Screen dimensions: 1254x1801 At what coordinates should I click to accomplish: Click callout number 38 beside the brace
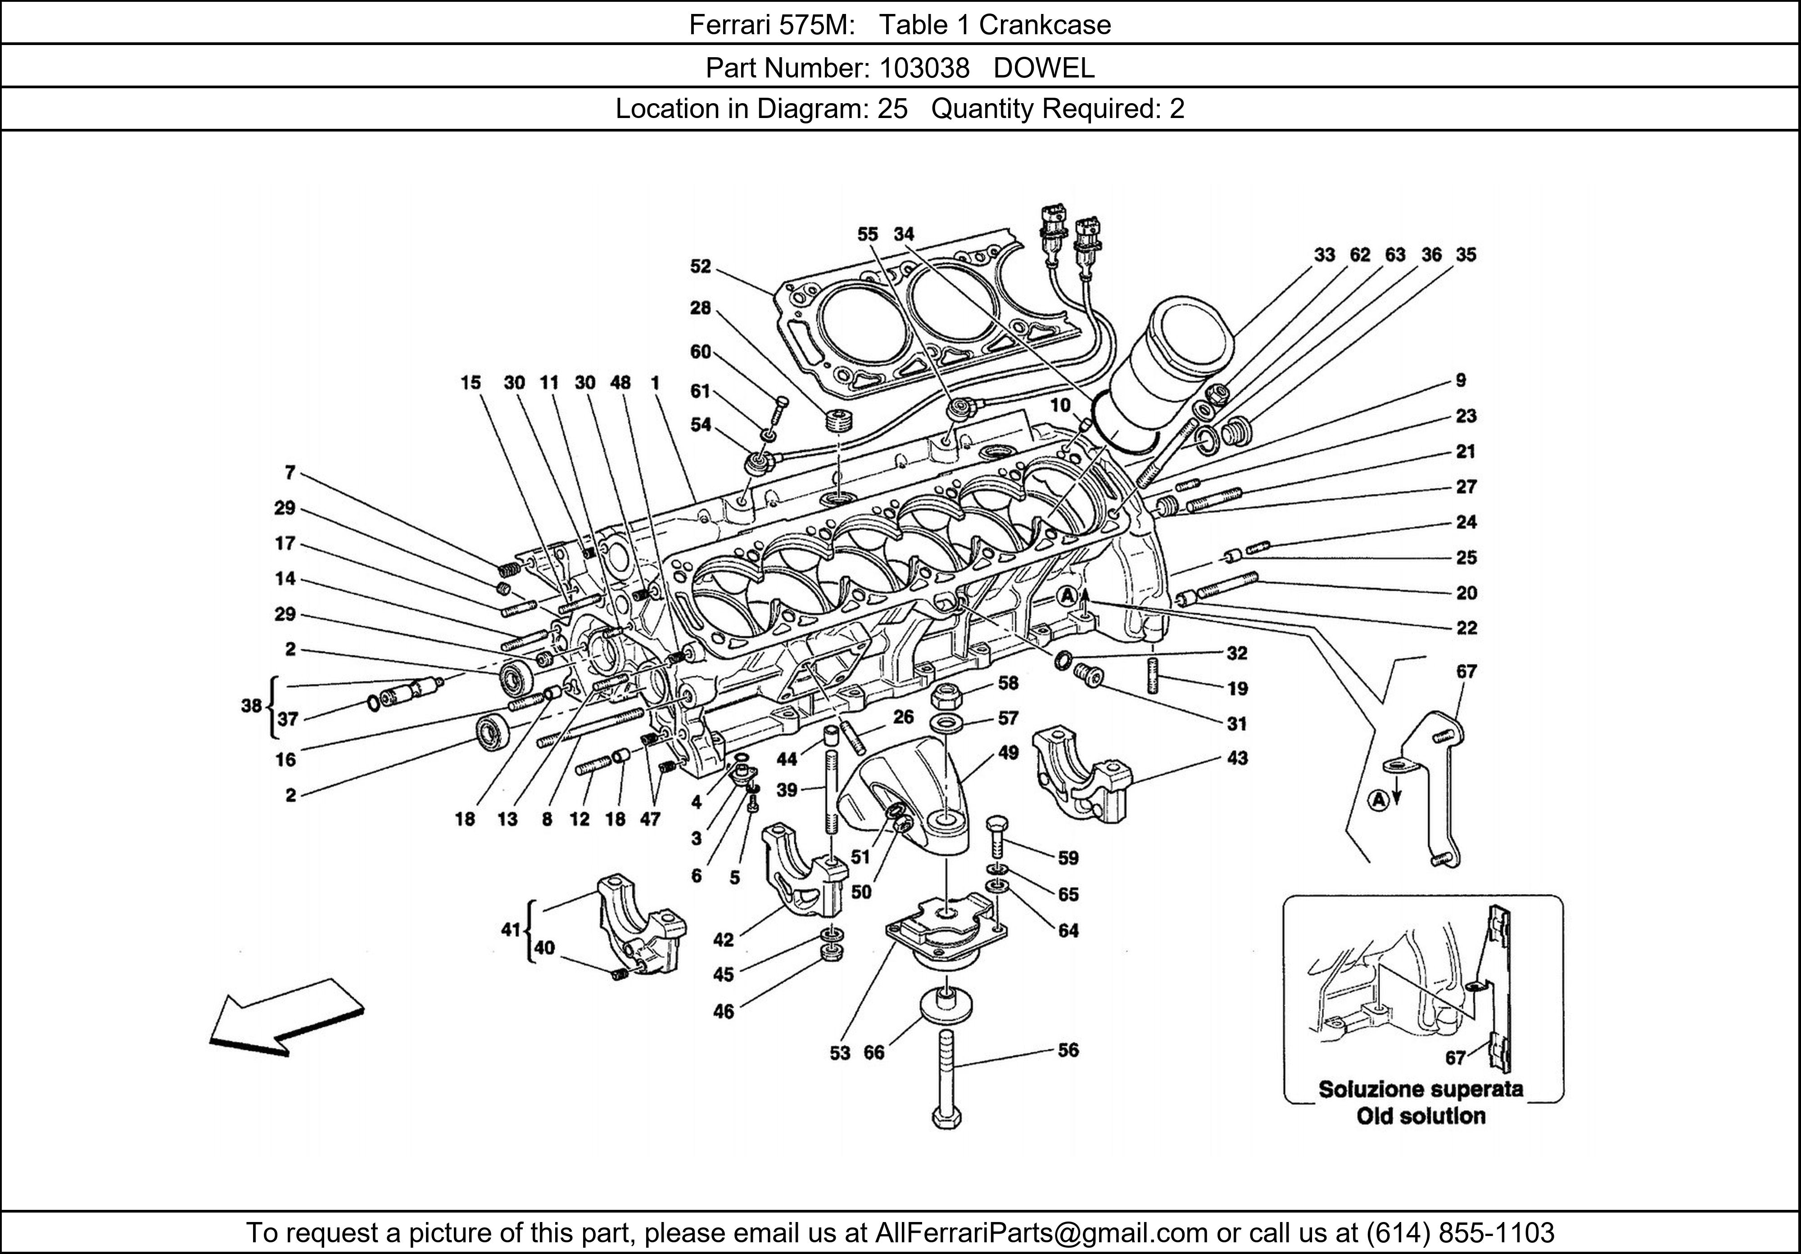click(x=251, y=705)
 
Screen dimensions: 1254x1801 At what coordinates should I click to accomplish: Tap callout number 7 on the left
click(x=290, y=473)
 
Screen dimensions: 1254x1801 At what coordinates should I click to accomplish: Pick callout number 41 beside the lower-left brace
click(x=511, y=930)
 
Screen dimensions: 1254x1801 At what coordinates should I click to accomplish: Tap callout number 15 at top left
click(x=470, y=383)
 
